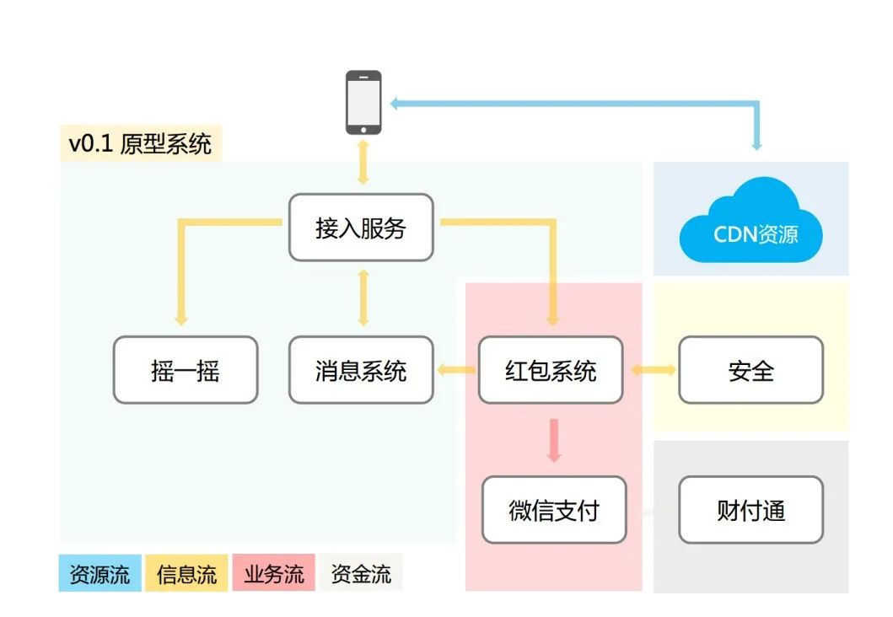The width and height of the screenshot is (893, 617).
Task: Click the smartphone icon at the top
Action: [363, 102]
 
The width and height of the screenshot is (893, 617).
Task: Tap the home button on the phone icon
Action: [363, 129]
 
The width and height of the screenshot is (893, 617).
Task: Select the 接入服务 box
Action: [361, 228]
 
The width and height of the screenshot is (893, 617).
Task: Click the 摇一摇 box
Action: [186, 370]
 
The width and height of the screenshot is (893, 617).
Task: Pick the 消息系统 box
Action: [361, 370]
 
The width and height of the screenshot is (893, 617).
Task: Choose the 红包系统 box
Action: [551, 370]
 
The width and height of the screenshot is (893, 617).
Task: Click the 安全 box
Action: [750, 370]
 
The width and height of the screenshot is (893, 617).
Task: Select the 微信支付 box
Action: [554, 510]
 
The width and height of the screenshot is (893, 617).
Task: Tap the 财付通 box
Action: [750, 510]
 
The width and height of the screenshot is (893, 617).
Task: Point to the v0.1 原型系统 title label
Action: [141, 144]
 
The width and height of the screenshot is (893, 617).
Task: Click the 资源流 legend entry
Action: [100, 575]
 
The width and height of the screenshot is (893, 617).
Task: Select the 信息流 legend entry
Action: [186, 575]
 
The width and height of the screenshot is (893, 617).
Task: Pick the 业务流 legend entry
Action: [274, 575]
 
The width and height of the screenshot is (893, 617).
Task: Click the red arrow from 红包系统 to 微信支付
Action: [553, 439]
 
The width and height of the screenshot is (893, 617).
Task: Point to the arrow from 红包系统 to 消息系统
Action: [456, 369]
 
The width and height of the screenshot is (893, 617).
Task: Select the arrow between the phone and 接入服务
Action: [363, 164]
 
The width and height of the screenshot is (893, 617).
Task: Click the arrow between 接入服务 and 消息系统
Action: [363, 298]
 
